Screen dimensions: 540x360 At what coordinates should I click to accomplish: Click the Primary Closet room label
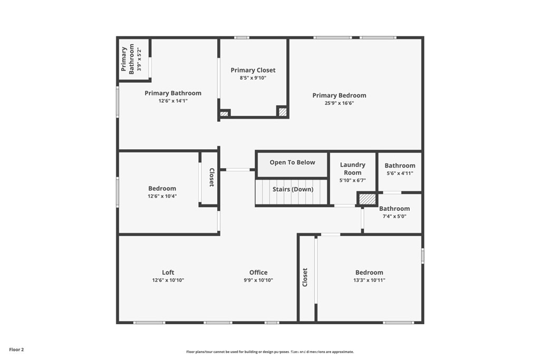pos(253,70)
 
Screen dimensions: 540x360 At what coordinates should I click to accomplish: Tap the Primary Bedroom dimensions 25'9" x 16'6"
pos(339,103)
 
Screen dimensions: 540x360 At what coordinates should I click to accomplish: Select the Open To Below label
pos(292,162)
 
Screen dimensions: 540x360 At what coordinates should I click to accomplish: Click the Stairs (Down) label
pos(293,189)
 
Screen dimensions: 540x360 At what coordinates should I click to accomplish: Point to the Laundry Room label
pos(352,169)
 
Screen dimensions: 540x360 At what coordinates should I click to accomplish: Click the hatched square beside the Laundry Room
pos(367,199)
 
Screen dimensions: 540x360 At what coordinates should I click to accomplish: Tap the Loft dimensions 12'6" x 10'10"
pos(168,280)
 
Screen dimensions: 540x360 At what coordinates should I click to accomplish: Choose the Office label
pos(258,273)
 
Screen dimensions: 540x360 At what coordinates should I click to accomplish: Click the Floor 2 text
pos(16,349)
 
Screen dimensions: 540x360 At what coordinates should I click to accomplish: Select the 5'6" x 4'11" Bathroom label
pos(400,166)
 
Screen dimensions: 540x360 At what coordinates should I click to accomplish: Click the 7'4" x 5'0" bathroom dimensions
pos(394,217)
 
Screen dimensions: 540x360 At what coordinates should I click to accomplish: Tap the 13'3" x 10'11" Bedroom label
pos(369,273)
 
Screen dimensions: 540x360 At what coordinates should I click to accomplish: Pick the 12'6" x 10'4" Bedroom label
pos(162,189)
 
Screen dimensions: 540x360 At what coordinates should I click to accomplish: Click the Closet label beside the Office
pos(305,277)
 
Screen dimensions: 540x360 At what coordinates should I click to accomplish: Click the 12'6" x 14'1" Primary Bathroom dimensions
pos(173,101)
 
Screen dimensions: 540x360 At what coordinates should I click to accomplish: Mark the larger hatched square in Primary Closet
pos(283,112)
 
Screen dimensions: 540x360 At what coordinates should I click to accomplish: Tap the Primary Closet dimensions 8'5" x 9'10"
pos(253,78)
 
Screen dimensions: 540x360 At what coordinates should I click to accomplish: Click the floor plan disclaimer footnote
pos(270,352)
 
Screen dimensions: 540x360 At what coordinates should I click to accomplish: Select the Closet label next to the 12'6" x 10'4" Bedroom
pos(212,177)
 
